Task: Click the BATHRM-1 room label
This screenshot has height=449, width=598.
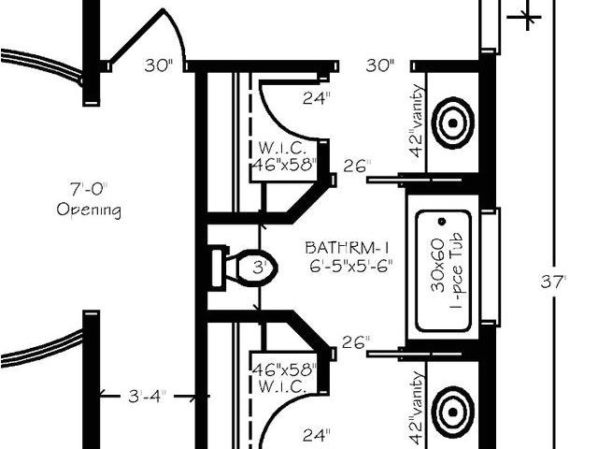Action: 347,248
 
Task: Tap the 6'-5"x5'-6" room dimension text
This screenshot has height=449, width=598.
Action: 347,265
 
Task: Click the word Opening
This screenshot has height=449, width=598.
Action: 89,210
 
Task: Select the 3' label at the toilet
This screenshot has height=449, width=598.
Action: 263,267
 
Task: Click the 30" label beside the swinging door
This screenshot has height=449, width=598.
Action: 160,65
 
